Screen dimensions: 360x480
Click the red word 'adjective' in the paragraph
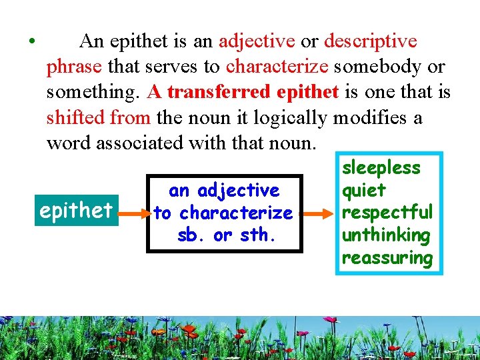pos(257,41)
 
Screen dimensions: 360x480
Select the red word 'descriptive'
pos(371,41)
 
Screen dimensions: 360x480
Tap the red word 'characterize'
pos(277,67)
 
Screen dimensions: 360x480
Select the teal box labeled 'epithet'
pos(76,211)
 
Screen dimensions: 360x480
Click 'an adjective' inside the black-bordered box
pos(224,191)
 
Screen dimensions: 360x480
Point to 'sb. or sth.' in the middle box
pos(224,236)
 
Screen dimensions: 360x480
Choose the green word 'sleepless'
pos(381,168)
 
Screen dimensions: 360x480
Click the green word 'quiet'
pos(363,191)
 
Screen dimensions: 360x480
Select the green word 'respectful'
pos(387,213)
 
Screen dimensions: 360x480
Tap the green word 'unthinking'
pos(385,235)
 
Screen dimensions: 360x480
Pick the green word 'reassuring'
pos(387,258)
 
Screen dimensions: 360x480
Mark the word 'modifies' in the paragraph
pos(371,118)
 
